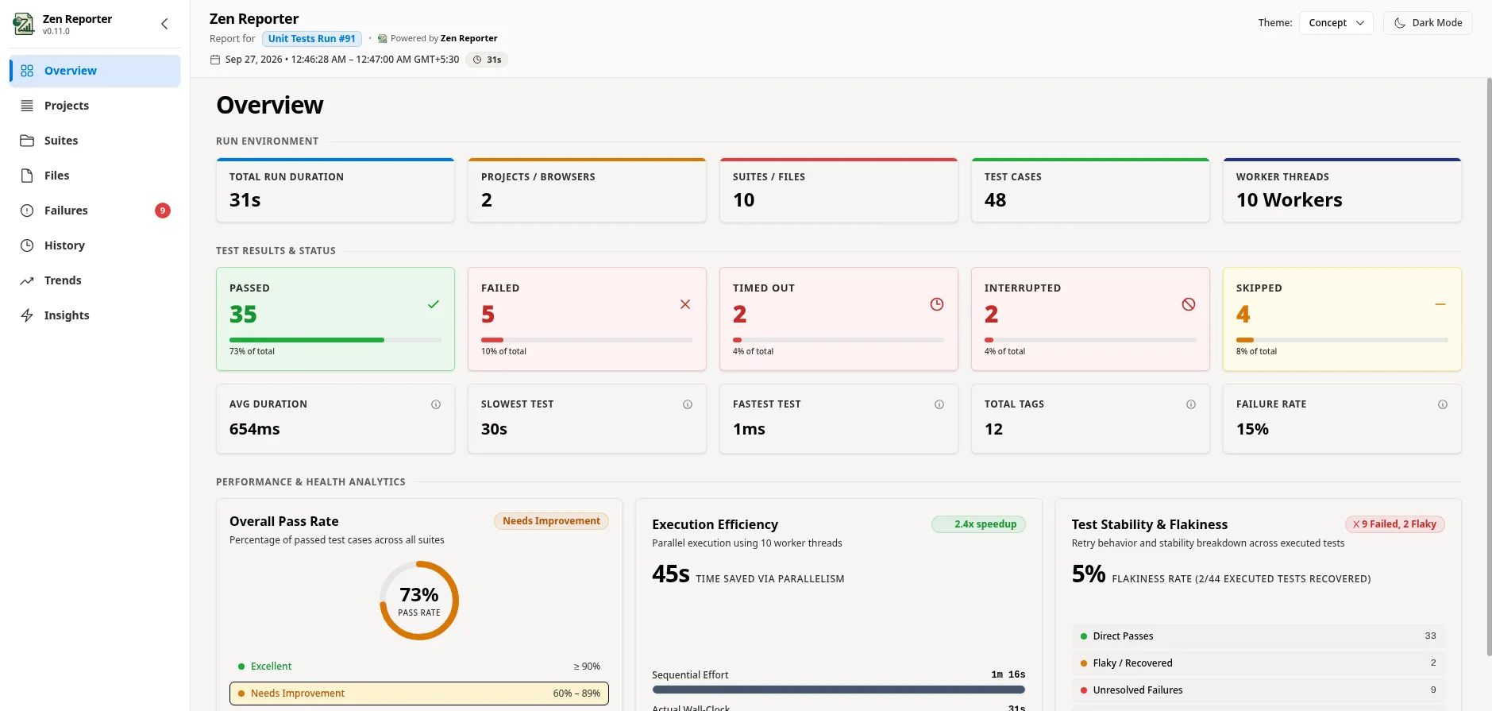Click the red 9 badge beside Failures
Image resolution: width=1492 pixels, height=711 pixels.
tap(163, 211)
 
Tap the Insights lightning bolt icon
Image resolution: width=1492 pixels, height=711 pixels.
tap(27, 315)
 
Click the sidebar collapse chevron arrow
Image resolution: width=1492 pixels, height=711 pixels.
tap(164, 24)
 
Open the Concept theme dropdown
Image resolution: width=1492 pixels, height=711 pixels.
tap(1336, 23)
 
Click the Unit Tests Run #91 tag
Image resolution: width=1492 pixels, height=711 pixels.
tap(312, 39)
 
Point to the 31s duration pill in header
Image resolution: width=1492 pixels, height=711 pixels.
tap(487, 60)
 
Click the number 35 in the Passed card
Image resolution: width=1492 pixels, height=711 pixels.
tap(243, 315)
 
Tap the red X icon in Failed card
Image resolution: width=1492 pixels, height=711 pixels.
tap(685, 304)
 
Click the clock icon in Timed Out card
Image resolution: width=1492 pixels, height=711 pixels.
tap(937, 304)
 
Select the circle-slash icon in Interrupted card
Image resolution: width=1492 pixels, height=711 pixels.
tap(1189, 304)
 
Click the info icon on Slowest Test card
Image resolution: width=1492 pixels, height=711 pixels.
tap(688, 404)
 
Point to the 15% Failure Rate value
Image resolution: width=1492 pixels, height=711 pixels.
tap(1252, 429)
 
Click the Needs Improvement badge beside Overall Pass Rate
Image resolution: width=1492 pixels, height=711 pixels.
tap(551, 521)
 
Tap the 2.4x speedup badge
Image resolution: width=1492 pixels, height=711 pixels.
tap(978, 524)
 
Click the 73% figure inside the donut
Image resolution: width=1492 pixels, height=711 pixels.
tap(419, 595)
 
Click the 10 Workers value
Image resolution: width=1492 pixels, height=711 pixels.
tap(1290, 200)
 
